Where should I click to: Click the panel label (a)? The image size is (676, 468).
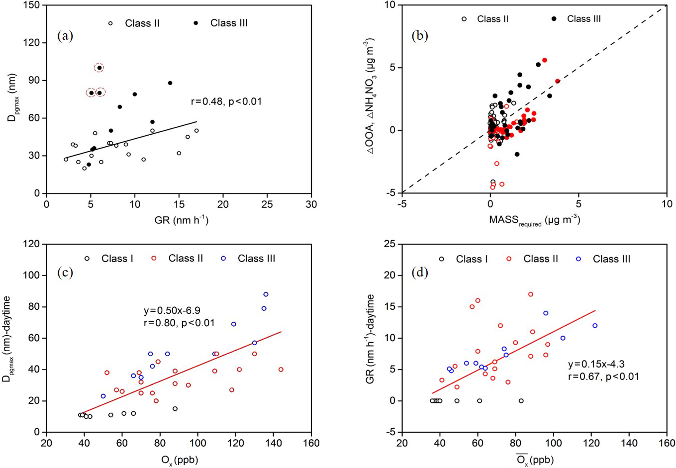click(x=65, y=36)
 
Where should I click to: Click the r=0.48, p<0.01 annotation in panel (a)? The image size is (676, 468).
click(x=226, y=101)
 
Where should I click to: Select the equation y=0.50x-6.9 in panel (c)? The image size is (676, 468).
click(x=172, y=311)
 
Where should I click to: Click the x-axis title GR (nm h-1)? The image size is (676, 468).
click(x=181, y=219)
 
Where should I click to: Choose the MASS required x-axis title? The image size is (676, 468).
click(x=534, y=220)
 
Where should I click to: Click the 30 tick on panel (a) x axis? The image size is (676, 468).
click(x=311, y=203)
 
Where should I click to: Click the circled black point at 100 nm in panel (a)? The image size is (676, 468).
click(x=99, y=68)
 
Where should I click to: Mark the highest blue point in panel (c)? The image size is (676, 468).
click(x=266, y=294)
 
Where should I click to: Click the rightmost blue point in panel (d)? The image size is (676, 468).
click(x=594, y=326)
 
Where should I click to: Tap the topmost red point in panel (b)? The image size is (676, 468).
click(x=544, y=60)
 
